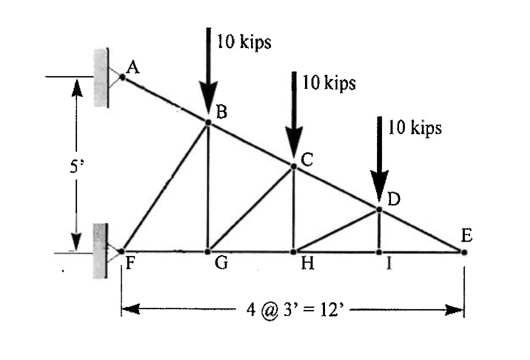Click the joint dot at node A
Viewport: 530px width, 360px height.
click(121, 77)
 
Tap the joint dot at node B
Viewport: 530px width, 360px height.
click(208, 122)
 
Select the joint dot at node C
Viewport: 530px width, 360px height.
click(293, 166)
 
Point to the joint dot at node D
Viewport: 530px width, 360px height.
click(379, 209)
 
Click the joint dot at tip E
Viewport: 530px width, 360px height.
click(464, 252)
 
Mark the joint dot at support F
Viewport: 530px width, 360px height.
click(121, 251)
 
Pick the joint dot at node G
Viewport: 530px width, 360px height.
click(208, 251)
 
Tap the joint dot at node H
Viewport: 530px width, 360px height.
click(293, 251)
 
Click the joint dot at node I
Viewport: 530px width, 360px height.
click(379, 251)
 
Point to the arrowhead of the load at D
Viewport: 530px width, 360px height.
click(379, 192)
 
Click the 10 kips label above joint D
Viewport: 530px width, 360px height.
click(415, 128)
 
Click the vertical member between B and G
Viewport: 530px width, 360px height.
click(208, 187)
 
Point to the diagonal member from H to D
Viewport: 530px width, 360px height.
click(336, 230)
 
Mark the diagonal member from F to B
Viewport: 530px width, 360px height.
click(165, 186)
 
